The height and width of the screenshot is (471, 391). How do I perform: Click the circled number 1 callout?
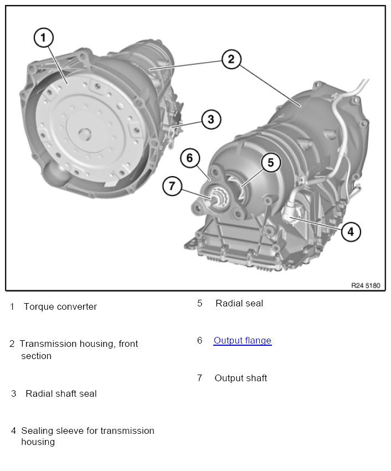point(44,38)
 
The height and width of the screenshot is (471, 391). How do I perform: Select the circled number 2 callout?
point(231,59)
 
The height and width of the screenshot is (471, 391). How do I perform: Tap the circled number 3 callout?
point(211,119)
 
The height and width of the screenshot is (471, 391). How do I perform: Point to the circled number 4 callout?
point(351,231)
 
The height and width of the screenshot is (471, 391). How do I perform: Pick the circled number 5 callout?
point(271,162)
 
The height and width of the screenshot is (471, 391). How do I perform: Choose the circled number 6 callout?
point(189,158)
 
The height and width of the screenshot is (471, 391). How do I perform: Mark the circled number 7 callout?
point(172,186)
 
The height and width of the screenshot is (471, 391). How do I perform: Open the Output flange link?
point(242,341)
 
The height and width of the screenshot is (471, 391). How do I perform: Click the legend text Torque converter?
point(60,307)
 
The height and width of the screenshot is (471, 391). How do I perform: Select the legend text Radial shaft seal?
point(61,394)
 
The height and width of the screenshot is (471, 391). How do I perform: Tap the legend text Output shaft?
point(240,378)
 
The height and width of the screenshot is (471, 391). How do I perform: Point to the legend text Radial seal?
point(239,304)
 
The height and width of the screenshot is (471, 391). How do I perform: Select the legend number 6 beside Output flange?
point(199,341)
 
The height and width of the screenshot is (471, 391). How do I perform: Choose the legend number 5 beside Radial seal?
point(199,304)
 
